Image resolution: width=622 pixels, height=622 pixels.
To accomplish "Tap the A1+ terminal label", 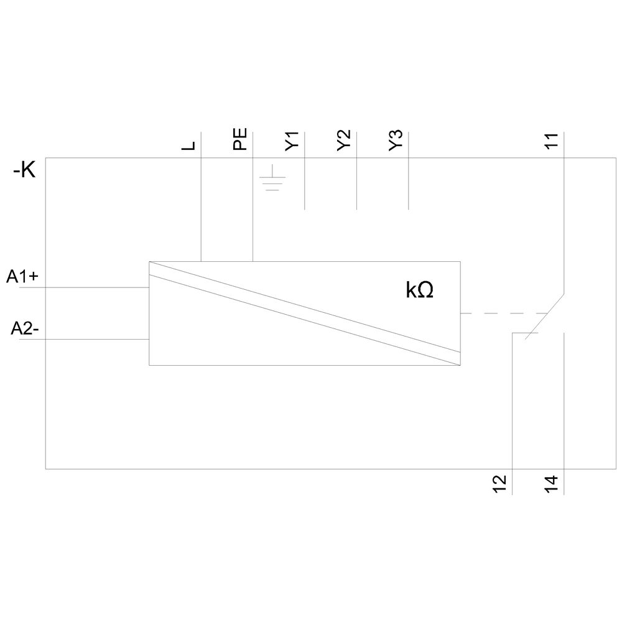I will pos(23,277).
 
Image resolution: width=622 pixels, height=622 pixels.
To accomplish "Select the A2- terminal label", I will pos(25,329).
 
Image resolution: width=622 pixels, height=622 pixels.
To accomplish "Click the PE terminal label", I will pos(240,139).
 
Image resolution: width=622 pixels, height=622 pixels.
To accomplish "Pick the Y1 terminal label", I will pos(292,141).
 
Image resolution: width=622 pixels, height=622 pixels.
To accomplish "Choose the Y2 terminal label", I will pos(343,141).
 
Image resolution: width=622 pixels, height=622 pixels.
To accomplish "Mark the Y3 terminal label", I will pos(396,141).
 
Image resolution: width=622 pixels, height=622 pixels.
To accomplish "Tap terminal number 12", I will pos(499,484).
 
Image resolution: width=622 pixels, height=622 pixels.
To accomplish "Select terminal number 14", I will pos(552,484).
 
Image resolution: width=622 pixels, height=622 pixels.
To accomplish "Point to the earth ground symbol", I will pos(272,179).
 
